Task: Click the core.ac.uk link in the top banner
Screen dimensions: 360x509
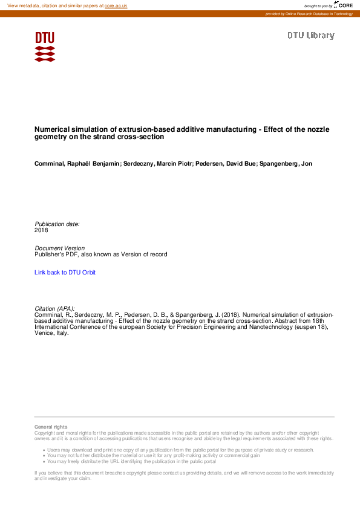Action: tap(116, 5)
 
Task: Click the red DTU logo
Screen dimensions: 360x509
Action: tap(45, 47)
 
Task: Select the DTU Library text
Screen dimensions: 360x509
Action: tap(310, 36)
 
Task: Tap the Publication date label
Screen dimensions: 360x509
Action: tap(57, 224)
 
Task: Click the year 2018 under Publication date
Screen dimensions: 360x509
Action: tap(41, 230)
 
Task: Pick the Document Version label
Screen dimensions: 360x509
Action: tap(59, 248)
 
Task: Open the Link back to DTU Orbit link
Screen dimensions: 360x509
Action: tap(65, 273)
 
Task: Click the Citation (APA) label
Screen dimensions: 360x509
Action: tap(54, 308)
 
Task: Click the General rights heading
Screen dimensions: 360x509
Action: tap(51, 427)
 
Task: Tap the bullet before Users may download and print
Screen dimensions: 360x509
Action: tap(44, 450)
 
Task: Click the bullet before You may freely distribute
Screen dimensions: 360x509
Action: tap(44, 461)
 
